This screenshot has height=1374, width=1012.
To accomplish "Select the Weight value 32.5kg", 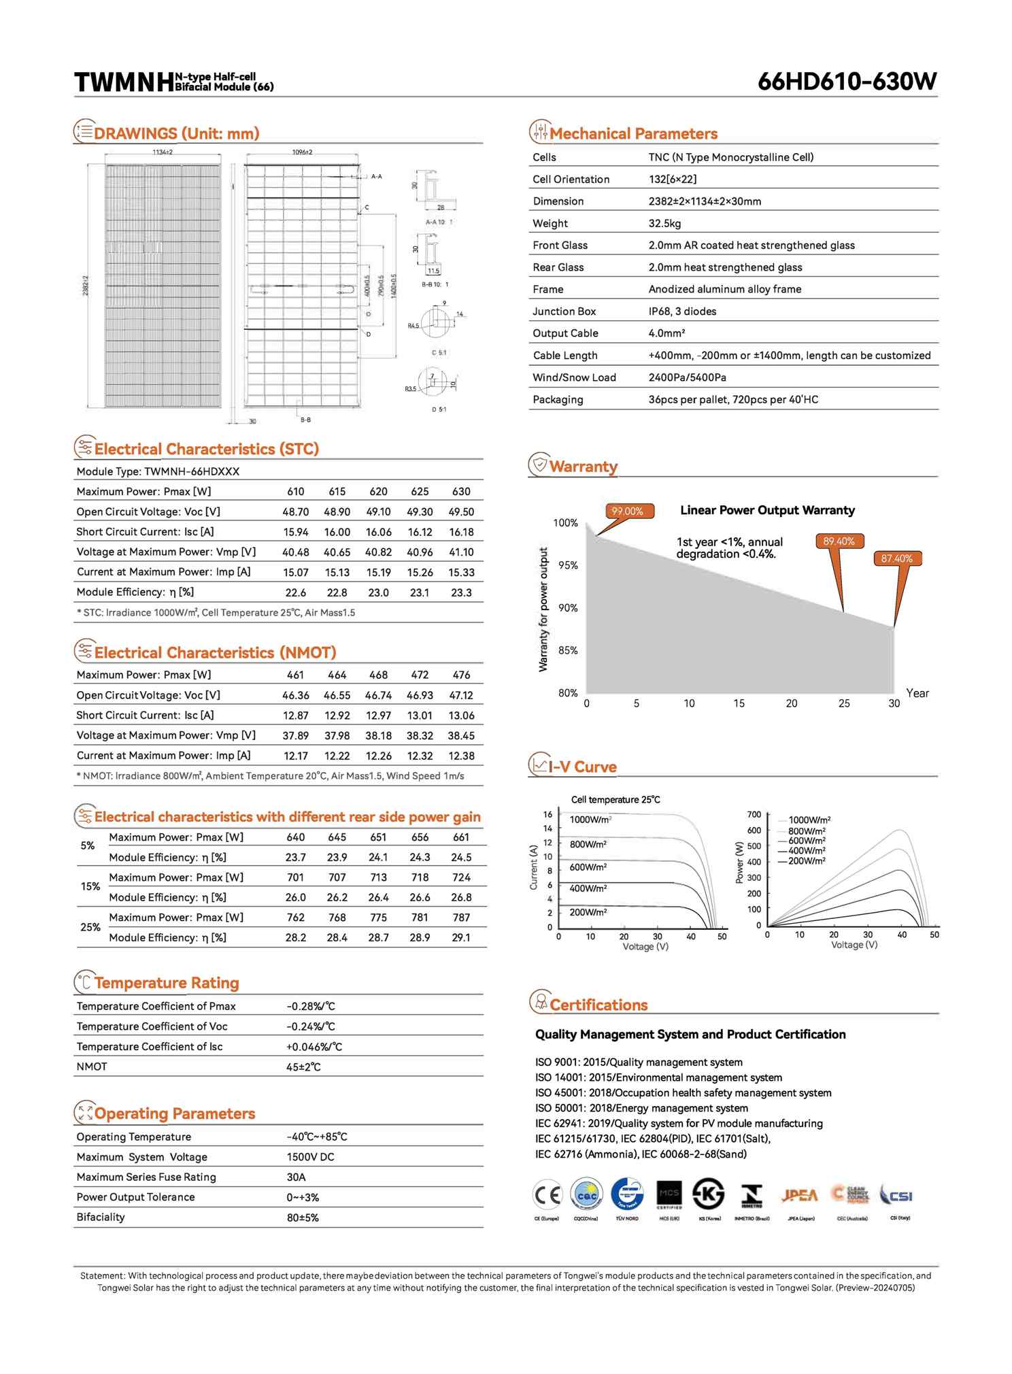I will click(664, 223).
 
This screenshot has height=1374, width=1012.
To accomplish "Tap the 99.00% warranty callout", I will click(628, 512).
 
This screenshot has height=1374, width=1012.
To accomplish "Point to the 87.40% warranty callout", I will click(896, 558).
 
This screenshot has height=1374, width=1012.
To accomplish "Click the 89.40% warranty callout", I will click(839, 541).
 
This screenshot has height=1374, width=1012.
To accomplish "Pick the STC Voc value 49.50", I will click(461, 512).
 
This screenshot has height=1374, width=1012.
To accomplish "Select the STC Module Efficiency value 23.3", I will click(461, 592).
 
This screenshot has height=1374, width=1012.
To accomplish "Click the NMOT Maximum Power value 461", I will click(295, 675).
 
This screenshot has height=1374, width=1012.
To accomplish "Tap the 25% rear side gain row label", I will click(90, 927).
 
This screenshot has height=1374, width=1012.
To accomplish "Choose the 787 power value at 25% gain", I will click(461, 918).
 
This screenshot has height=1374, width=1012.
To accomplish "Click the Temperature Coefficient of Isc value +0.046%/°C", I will click(314, 1047).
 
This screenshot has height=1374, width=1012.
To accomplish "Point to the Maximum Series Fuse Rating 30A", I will click(296, 1177).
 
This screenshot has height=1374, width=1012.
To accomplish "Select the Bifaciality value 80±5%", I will click(303, 1218).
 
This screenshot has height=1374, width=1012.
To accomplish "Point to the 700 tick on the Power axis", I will click(754, 815).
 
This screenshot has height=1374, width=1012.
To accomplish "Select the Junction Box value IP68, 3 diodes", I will click(682, 312).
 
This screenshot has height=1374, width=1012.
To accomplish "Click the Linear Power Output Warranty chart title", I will click(767, 510).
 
